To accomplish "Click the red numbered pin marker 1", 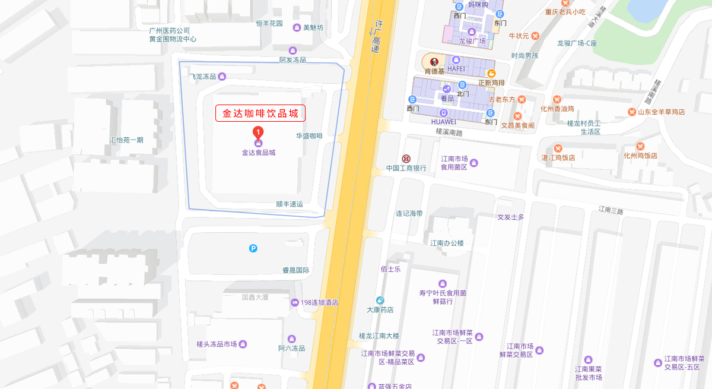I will tap(258, 132).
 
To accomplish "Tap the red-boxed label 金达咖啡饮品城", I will tap(260, 113).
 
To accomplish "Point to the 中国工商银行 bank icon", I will tap(406, 159).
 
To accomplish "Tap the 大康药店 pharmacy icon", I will tap(380, 301).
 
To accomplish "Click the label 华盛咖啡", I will tap(309, 136).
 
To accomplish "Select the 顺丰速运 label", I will tap(290, 204).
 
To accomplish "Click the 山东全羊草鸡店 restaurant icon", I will tap(632, 112).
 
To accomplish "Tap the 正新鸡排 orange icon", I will tap(491, 72).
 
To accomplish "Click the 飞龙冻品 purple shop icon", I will tap(222, 76).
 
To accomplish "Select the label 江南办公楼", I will tap(447, 243).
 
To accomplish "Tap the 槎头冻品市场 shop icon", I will tap(243, 344).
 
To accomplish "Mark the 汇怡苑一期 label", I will tap(126, 140).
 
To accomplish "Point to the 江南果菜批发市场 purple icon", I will tap(589, 359).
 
